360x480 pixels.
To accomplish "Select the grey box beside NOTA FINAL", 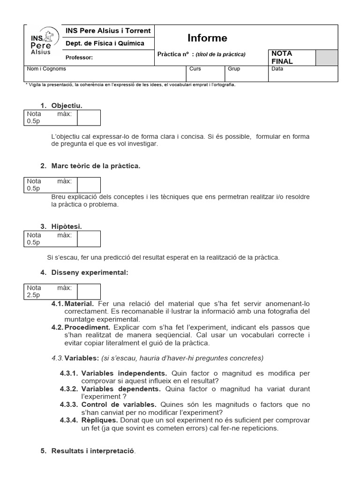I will click(x=326, y=57).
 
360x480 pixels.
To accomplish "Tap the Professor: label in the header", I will click(x=79, y=58).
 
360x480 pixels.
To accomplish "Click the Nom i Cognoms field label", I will click(x=46, y=69).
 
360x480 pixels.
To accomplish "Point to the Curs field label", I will click(x=195, y=69).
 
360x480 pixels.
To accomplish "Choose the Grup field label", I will click(x=234, y=69).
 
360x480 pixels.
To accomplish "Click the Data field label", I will click(x=277, y=69).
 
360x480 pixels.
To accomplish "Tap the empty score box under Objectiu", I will click(x=89, y=118).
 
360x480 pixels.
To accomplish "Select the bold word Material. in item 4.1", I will click(x=82, y=304).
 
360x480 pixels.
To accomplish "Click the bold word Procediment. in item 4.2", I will click(x=88, y=327).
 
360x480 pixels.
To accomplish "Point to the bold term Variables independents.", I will click(x=124, y=374).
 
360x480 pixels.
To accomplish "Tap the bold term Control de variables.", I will click(x=119, y=405).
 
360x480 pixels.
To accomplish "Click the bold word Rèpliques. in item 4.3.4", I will click(x=100, y=420).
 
